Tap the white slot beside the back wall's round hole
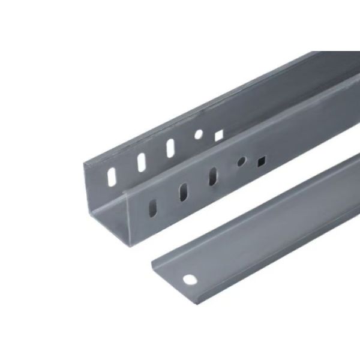(x=170, y=147)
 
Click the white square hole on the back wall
(x=219, y=136)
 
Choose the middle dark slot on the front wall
(x=181, y=192)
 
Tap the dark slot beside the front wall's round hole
(x=212, y=176)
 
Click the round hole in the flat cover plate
(x=190, y=279)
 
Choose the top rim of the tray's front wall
(x=240, y=136)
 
